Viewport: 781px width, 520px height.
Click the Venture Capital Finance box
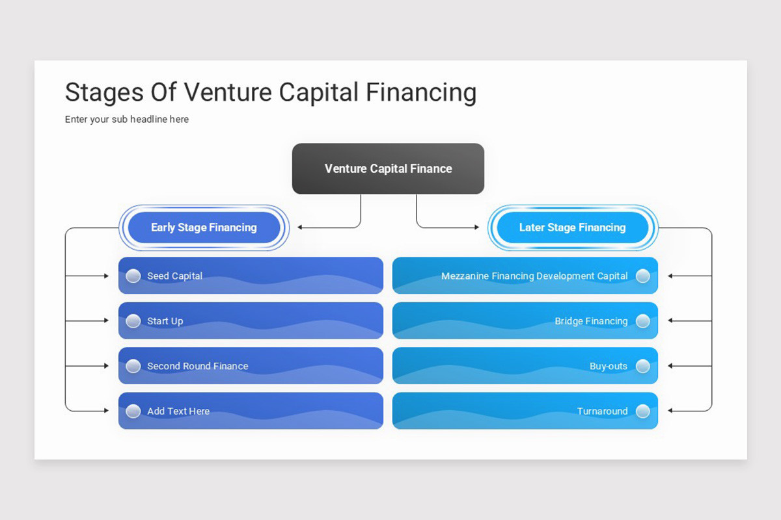pos(388,168)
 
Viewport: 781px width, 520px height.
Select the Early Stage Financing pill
pos(204,227)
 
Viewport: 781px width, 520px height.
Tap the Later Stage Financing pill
pos(572,227)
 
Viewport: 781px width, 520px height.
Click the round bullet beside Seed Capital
pos(133,276)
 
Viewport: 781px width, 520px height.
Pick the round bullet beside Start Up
pos(133,320)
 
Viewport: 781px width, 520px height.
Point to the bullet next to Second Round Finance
pos(133,366)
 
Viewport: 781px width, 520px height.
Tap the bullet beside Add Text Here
pos(133,411)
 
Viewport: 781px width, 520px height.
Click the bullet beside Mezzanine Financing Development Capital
pos(642,276)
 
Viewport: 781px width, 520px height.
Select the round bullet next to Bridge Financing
pos(642,320)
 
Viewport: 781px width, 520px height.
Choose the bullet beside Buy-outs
pos(642,366)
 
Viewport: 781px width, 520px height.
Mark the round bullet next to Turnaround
pos(642,411)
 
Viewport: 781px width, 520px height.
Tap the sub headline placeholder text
pos(127,120)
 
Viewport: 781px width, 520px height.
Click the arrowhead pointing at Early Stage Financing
pos(300,227)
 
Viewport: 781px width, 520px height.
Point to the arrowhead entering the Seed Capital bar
pos(106,276)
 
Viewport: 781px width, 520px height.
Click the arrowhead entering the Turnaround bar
pos(671,411)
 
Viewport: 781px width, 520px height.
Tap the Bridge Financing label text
pos(591,321)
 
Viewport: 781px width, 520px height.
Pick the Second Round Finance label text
pos(197,366)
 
